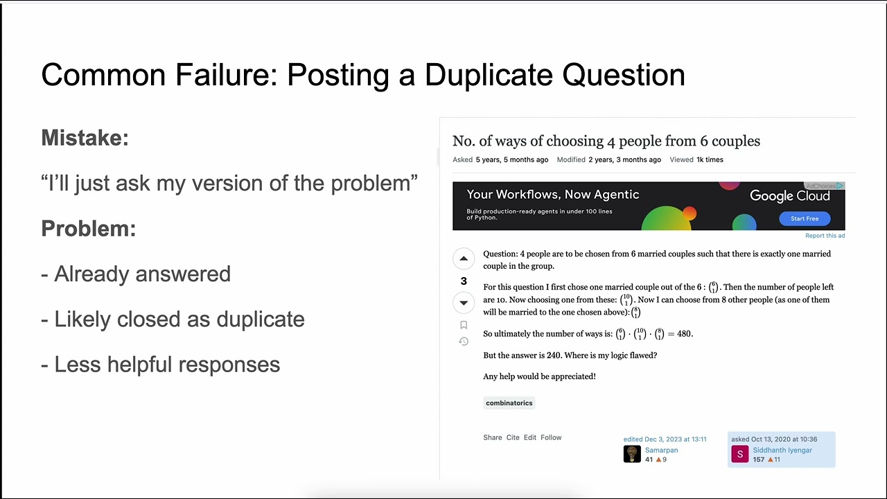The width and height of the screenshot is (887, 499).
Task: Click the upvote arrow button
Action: pyautogui.click(x=464, y=259)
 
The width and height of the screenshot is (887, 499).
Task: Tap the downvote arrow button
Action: pyautogui.click(x=464, y=303)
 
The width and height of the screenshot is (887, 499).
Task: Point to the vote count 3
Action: pyautogui.click(x=464, y=281)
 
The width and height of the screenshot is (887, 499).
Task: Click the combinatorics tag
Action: pyautogui.click(x=509, y=403)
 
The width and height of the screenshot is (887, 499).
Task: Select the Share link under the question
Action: pyautogui.click(x=493, y=437)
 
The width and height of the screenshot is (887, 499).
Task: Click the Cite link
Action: pyautogui.click(x=513, y=437)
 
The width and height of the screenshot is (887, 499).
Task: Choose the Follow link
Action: pyautogui.click(x=551, y=437)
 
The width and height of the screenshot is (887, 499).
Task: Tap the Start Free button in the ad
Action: pyautogui.click(x=805, y=218)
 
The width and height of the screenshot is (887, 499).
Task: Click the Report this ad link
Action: pyautogui.click(x=825, y=236)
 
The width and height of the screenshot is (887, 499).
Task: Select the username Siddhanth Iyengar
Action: pyautogui.click(x=782, y=450)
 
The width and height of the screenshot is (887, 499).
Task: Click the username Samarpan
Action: pyautogui.click(x=661, y=450)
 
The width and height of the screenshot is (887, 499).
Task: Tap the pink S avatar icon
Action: pyautogui.click(x=740, y=454)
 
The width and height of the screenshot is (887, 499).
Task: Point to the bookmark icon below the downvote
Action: pyautogui.click(x=464, y=325)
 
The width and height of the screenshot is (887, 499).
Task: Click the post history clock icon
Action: pyautogui.click(x=464, y=341)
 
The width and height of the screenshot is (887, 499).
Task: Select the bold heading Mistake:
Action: pyautogui.click(x=85, y=138)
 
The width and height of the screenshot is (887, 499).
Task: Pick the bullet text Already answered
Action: pyautogui.click(x=142, y=274)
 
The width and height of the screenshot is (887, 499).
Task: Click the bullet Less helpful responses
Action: pyautogui.click(x=167, y=365)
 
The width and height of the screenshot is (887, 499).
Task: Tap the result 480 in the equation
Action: pyautogui.click(x=685, y=333)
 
